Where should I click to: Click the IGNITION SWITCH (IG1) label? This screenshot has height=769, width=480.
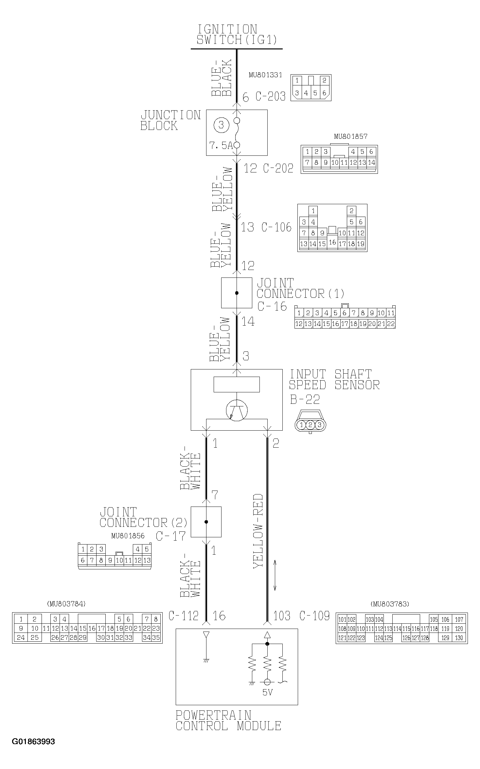coord(237,34)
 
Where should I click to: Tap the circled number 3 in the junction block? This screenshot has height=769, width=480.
coord(222,125)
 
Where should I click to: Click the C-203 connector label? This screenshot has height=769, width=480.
coord(270,97)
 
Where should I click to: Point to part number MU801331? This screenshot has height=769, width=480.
coord(265,75)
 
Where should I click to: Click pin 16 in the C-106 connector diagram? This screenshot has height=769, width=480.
coord(332,242)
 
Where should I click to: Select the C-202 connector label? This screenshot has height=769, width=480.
coord(278,168)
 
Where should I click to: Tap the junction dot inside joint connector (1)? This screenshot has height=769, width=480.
coord(237,293)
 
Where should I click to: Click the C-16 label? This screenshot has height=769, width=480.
coord(272,307)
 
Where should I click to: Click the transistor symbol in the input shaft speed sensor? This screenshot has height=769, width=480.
coord(237,410)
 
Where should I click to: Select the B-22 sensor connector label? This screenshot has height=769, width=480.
coord(305,400)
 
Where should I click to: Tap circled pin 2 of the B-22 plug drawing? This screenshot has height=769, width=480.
coord(311,425)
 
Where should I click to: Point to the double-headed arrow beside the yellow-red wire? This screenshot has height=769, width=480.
coord(275,575)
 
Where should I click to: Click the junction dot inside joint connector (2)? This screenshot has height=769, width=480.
coord(206,522)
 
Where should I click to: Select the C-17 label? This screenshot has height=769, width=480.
coord(170,536)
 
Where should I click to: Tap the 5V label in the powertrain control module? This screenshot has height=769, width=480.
coord(267,692)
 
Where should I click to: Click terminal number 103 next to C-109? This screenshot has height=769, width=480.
coord(282,616)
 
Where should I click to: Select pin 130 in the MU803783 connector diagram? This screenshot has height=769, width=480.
coord(459,638)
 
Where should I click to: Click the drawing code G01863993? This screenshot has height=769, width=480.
coord(33,742)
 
